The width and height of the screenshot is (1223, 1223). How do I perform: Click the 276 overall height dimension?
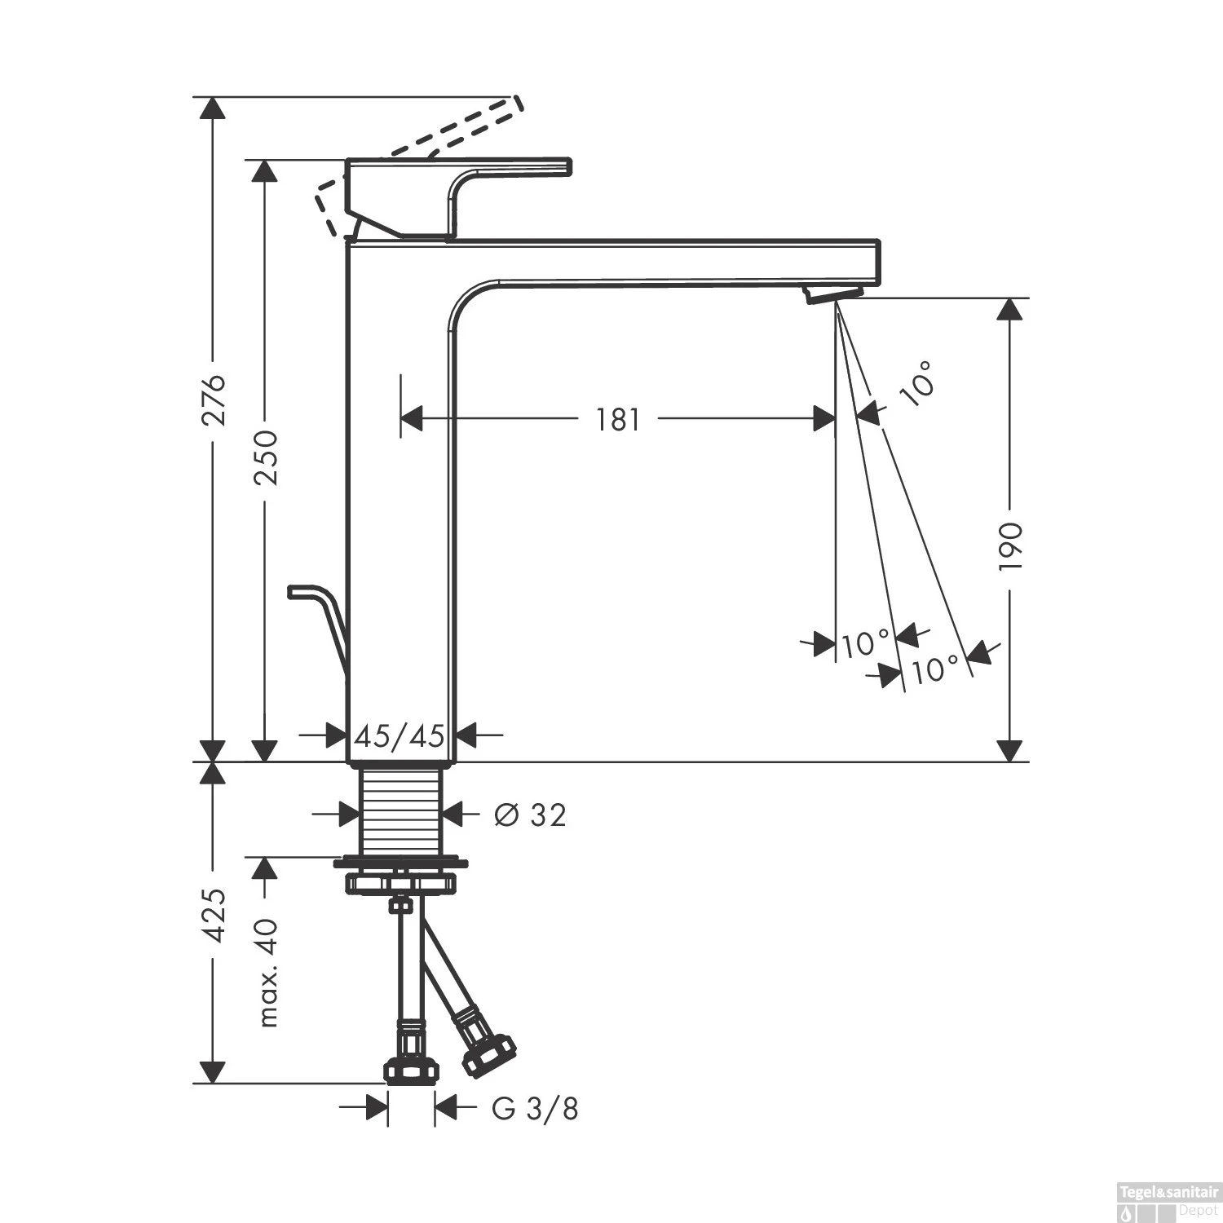(x=213, y=400)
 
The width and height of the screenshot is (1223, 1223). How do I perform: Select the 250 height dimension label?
(x=265, y=457)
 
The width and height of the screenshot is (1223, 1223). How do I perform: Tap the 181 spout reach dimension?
(x=617, y=419)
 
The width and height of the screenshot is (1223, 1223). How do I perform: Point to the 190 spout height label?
(x=1010, y=545)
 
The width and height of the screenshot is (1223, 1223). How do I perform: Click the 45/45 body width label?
(x=400, y=736)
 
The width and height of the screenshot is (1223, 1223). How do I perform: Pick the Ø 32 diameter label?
(x=530, y=814)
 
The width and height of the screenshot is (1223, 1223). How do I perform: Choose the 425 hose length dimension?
(x=213, y=916)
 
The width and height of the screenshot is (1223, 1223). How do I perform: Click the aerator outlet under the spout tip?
(x=833, y=294)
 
